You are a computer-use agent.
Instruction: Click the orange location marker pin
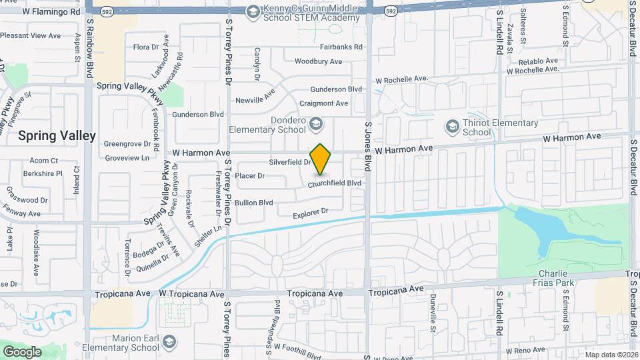click(321, 159)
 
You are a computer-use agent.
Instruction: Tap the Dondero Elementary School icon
click(316, 123)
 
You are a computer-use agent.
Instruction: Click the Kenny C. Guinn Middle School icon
click(253, 11)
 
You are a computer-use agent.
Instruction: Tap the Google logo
click(22, 351)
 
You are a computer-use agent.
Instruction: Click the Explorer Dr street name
click(311, 212)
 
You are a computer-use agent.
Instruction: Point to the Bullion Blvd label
click(253, 202)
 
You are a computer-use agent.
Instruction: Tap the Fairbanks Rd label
click(341, 47)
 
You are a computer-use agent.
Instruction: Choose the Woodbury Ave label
click(318, 61)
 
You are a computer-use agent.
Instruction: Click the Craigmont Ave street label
click(324, 103)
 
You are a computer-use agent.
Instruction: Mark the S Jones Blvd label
click(367, 147)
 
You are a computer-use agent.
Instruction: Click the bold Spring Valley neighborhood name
click(57, 135)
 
